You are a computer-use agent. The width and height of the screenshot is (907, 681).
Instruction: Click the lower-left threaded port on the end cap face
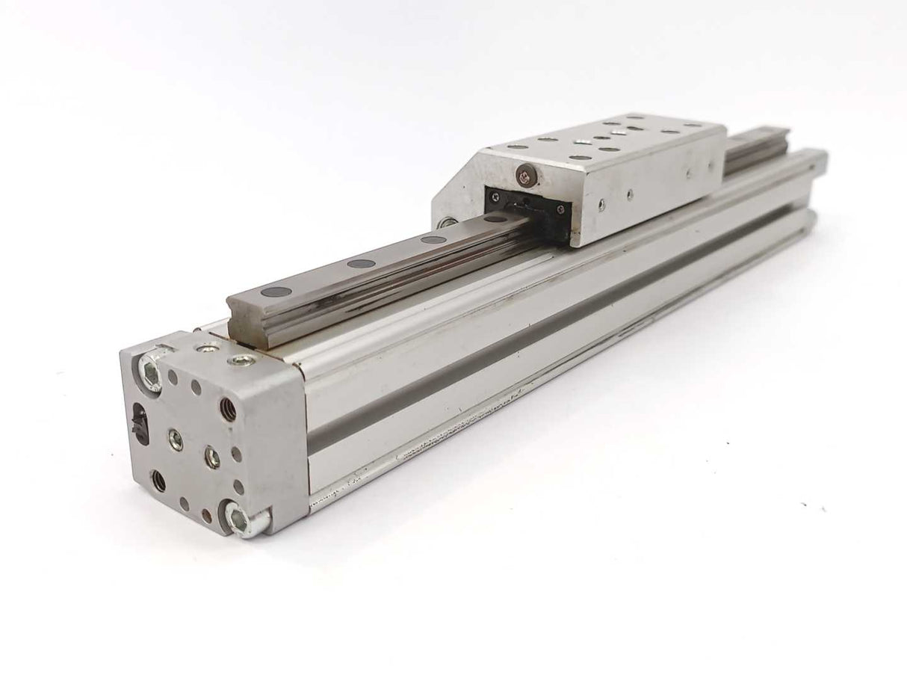pos(159,481)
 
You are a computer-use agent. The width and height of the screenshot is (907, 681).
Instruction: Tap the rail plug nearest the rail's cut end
pos(275,292)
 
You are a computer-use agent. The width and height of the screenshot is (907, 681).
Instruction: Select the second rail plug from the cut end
pos(361,264)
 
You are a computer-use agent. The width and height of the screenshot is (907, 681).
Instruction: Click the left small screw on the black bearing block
pos(495,196)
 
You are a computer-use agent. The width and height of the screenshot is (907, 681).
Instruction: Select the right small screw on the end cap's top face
pos(240,360)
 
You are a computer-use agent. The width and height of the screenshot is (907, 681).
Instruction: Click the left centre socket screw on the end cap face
pos(176,440)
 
